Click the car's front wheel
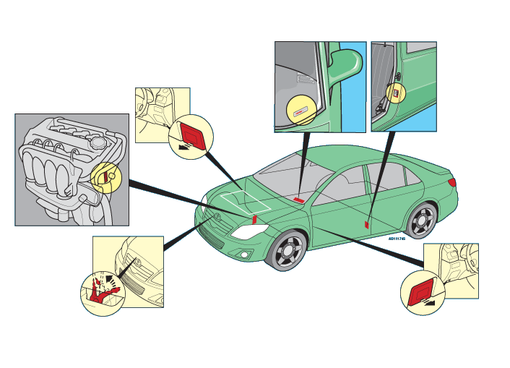tap(289, 250)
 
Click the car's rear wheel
tap(422, 220)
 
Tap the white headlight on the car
tap(248, 231)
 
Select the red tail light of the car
tap(452, 183)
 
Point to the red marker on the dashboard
tap(298, 199)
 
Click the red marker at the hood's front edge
tap(254, 219)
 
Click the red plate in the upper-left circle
tap(193, 135)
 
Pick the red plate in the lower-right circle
tap(420, 292)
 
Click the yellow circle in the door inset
tap(395, 92)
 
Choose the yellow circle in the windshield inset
tap(301, 109)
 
